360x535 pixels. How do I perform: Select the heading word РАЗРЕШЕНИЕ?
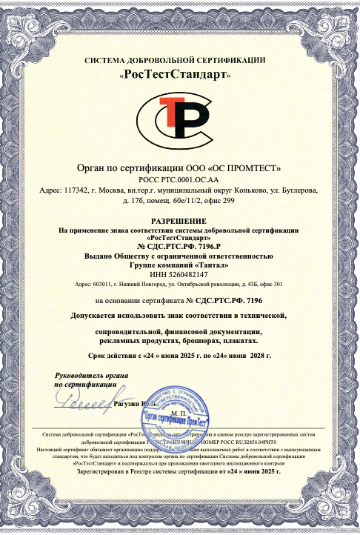tap(180, 221)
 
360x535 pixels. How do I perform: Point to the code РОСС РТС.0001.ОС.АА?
tap(179, 179)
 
